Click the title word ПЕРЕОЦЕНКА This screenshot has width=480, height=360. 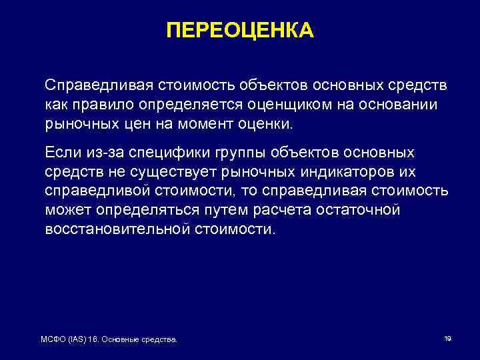point(239,31)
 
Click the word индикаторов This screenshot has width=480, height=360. point(353,173)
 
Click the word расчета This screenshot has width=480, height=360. point(270,211)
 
